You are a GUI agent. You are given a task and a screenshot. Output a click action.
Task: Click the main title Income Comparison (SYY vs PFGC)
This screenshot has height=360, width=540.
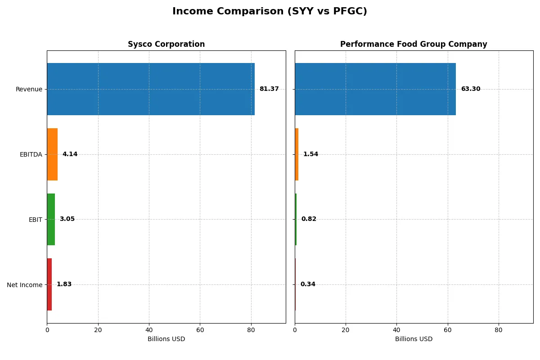pyautogui.click(x=270, y=12)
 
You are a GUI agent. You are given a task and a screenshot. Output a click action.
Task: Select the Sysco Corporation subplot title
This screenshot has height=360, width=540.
pyautogui.click(x=166, y=44)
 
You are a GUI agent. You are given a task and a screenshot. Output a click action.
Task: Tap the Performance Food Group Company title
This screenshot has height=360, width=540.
pyautogui.click(x=414, y=44)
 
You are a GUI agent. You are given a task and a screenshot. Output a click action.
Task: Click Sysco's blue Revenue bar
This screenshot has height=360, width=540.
pyautogui.click(x=151, y=89)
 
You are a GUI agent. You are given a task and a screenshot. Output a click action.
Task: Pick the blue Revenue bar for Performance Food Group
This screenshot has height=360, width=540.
pyautogui.click(x=375, y=89)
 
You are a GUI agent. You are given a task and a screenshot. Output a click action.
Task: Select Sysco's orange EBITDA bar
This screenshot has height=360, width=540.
pyautogui.click(x=52, y=154)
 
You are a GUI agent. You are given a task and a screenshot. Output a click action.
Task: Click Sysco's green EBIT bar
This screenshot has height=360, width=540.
pyautogui.click(x=51, y=219)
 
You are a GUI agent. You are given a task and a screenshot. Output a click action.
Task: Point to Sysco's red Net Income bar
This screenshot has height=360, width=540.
pyautogui.click(x=49, y=284)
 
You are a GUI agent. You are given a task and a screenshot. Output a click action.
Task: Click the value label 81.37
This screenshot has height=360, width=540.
pyautogui.click(x=269, y=89)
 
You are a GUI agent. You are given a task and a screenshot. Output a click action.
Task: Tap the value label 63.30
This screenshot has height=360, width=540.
pyautogui.click(x=470, y=89)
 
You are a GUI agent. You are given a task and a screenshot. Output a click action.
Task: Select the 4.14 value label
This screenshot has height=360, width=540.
pyautogui.click(x=70, y=154)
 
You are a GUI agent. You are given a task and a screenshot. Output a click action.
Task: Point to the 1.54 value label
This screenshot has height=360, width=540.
pyautogui.click(x=310, y=154)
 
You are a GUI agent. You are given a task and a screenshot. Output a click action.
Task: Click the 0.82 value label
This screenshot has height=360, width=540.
pyautogui.click(x=309, y=219)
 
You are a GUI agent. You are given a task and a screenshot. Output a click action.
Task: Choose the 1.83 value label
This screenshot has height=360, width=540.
pyautogui.click(x=64, y=284)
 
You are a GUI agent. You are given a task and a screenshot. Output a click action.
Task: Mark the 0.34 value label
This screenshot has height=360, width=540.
pyautogui.click(x=308, y=284)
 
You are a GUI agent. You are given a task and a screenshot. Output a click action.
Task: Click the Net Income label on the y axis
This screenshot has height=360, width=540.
pyautogui.click(x=24, y=285)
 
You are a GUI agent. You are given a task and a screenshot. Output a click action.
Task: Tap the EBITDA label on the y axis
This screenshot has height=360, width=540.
pyautogui.click(x=31, y=155)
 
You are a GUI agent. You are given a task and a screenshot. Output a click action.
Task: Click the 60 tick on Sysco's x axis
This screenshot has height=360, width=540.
pyautogui.click(x=200, y=330)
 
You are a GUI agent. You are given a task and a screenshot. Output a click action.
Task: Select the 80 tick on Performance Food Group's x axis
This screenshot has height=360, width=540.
pyautogui.click(x=499, y=330)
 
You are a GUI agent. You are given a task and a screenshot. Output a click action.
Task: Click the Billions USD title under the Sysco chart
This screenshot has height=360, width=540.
pyautogui.click(x=166, y=339)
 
